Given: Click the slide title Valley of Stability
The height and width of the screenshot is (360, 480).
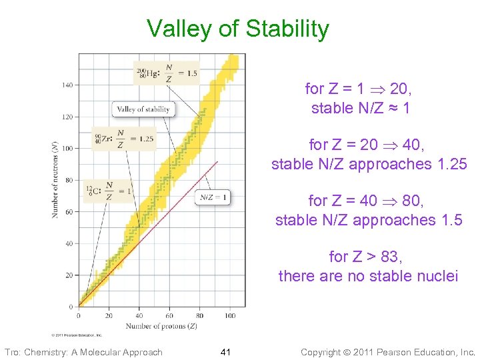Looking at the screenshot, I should pos(238,29).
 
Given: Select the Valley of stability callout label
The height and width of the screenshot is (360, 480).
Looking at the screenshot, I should pos(144,109).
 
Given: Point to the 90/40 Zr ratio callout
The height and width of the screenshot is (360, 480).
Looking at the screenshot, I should pos(125,139).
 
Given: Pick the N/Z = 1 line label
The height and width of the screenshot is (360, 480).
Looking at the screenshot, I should pos(214,197).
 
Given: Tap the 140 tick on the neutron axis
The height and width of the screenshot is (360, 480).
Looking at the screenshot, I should pos(68,85).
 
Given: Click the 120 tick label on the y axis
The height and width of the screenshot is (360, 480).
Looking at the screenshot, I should pos(68,117).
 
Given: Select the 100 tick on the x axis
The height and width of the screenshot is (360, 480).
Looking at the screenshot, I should pos(229,315).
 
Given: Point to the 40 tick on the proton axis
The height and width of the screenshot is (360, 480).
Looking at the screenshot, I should pos(139,315).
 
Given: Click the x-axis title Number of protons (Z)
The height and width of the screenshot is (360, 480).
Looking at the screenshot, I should pos(162,325).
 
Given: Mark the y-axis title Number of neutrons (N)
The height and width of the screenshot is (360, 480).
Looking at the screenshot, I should pos(55,180).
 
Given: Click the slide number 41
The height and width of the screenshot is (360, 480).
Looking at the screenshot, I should pos(225,352).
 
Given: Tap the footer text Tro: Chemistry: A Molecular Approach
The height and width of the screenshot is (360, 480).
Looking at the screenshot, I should pos(83,352).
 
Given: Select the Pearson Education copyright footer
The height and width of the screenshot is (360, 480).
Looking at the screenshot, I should pos(388,352).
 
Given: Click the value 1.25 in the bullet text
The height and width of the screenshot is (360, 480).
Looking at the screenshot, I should pos(446,163).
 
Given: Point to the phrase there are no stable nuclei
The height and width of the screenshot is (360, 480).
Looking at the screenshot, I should pos(368,275).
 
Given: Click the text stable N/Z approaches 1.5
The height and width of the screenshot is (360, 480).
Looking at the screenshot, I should pos(369,219).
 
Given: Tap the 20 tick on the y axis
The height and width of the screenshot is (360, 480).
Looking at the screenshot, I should pos(69,275).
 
